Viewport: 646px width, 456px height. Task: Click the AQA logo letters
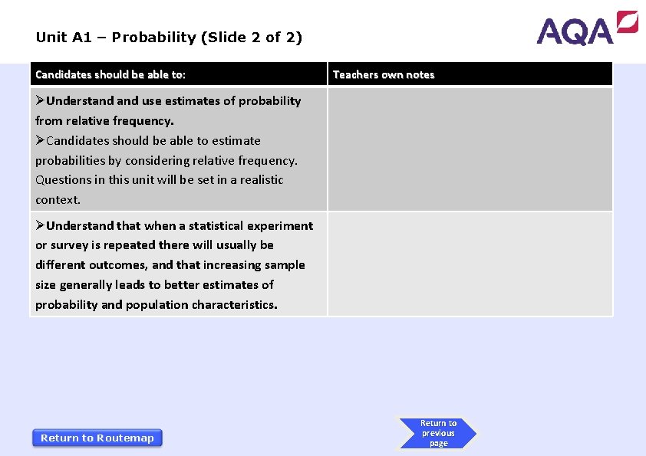tap(575, 31)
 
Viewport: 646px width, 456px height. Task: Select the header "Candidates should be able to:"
tap(110, 74)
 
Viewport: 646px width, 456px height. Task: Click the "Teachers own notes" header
tap(384, 74)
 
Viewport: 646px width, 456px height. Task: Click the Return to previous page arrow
tap(437, 433)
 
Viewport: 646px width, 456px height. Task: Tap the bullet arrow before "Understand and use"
tap(41, 100)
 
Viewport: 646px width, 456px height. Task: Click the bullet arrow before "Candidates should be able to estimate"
tap(41, 140)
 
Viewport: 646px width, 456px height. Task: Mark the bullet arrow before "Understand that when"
tap(41, 225)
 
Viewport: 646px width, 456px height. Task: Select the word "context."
tap(58, 200)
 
